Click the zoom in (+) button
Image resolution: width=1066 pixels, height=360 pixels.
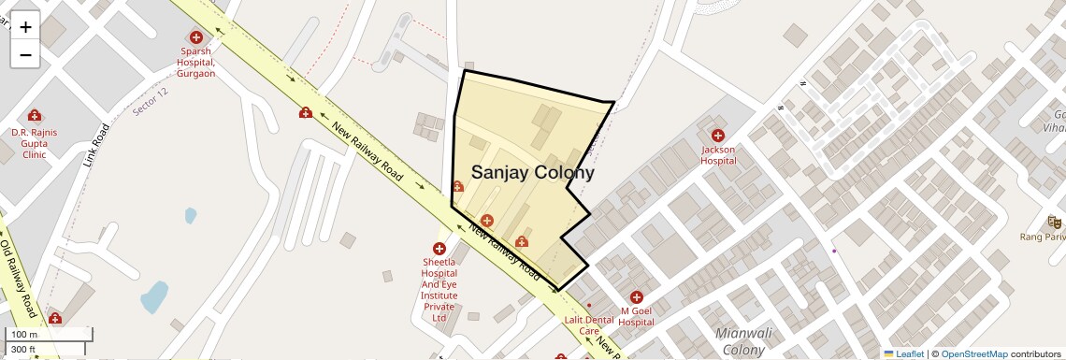click(x=25, y=27)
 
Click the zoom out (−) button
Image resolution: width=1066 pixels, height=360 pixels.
click(x=25, y=54)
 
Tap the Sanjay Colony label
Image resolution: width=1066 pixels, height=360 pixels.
click(x=532, y=172)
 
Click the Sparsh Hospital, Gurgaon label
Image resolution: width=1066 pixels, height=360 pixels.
click(x=195, y=62)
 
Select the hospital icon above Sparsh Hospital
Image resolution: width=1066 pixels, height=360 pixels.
click(x=196, y=37)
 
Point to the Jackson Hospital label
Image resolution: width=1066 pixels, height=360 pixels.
click(x=718, y=154)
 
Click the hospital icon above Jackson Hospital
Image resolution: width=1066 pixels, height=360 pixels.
click(x=718, y=136)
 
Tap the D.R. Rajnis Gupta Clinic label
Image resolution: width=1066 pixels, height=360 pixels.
click(x=35, y=143)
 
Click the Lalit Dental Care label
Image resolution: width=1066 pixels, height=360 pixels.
click(x=589, y=324)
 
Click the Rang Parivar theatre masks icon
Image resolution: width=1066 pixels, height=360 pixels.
click(x=1054, y=223)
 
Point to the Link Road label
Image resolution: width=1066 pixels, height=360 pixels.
click(x=96, y=145)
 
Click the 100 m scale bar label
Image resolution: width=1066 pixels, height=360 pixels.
click(x=24, y=335)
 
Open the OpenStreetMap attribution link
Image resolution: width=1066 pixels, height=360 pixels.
click(x=973, y=353)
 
